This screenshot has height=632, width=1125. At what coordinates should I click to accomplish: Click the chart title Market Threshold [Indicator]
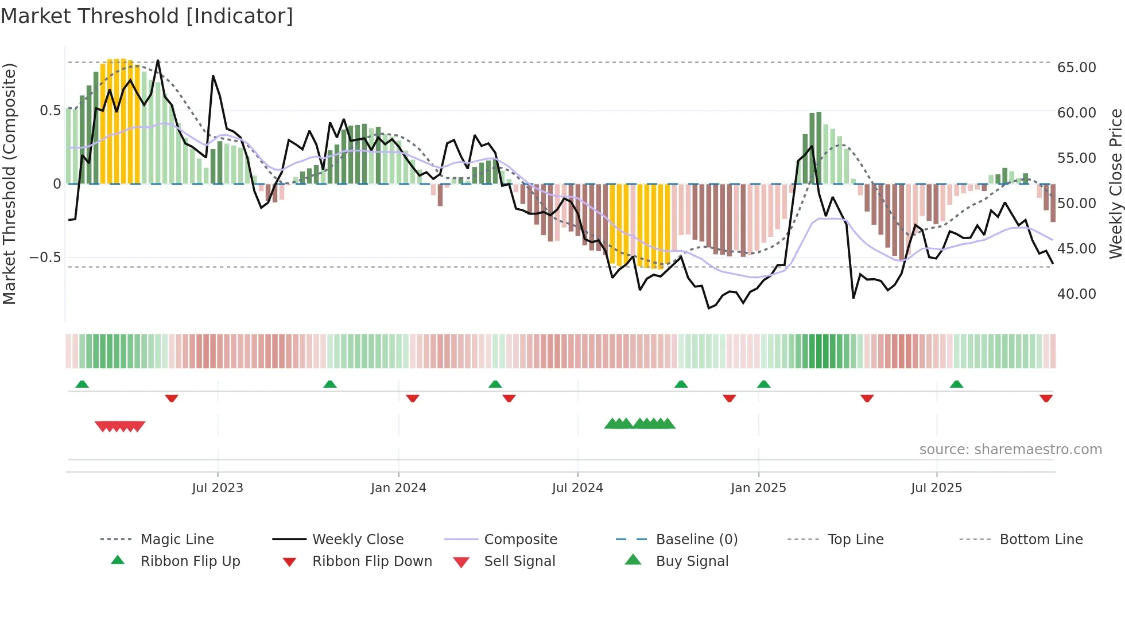tap(147, 16)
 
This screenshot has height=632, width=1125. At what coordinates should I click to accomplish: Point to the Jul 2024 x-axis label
tap(577, 488)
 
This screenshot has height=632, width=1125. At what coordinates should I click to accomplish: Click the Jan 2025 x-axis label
tap(758, 488)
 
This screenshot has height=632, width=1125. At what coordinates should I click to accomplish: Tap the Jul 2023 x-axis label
tap(218, 488)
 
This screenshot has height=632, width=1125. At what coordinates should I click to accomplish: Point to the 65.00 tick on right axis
tap(1076, 68)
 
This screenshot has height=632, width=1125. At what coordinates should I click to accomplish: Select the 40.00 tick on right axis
tap(1076, 294)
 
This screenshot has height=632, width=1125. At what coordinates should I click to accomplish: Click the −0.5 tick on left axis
tap(45, 258)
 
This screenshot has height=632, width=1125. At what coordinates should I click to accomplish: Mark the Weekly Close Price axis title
tap(1115, 184)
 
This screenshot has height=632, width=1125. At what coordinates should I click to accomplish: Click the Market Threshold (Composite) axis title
tap(9, 184)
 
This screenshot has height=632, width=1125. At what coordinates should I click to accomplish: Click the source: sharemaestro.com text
tap(1010, 450)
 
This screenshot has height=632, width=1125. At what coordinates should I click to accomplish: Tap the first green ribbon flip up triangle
tap(82, 384)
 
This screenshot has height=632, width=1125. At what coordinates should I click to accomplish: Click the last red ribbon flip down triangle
tap(1046, 398)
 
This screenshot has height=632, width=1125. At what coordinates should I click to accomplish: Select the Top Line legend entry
tap(855, 540)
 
